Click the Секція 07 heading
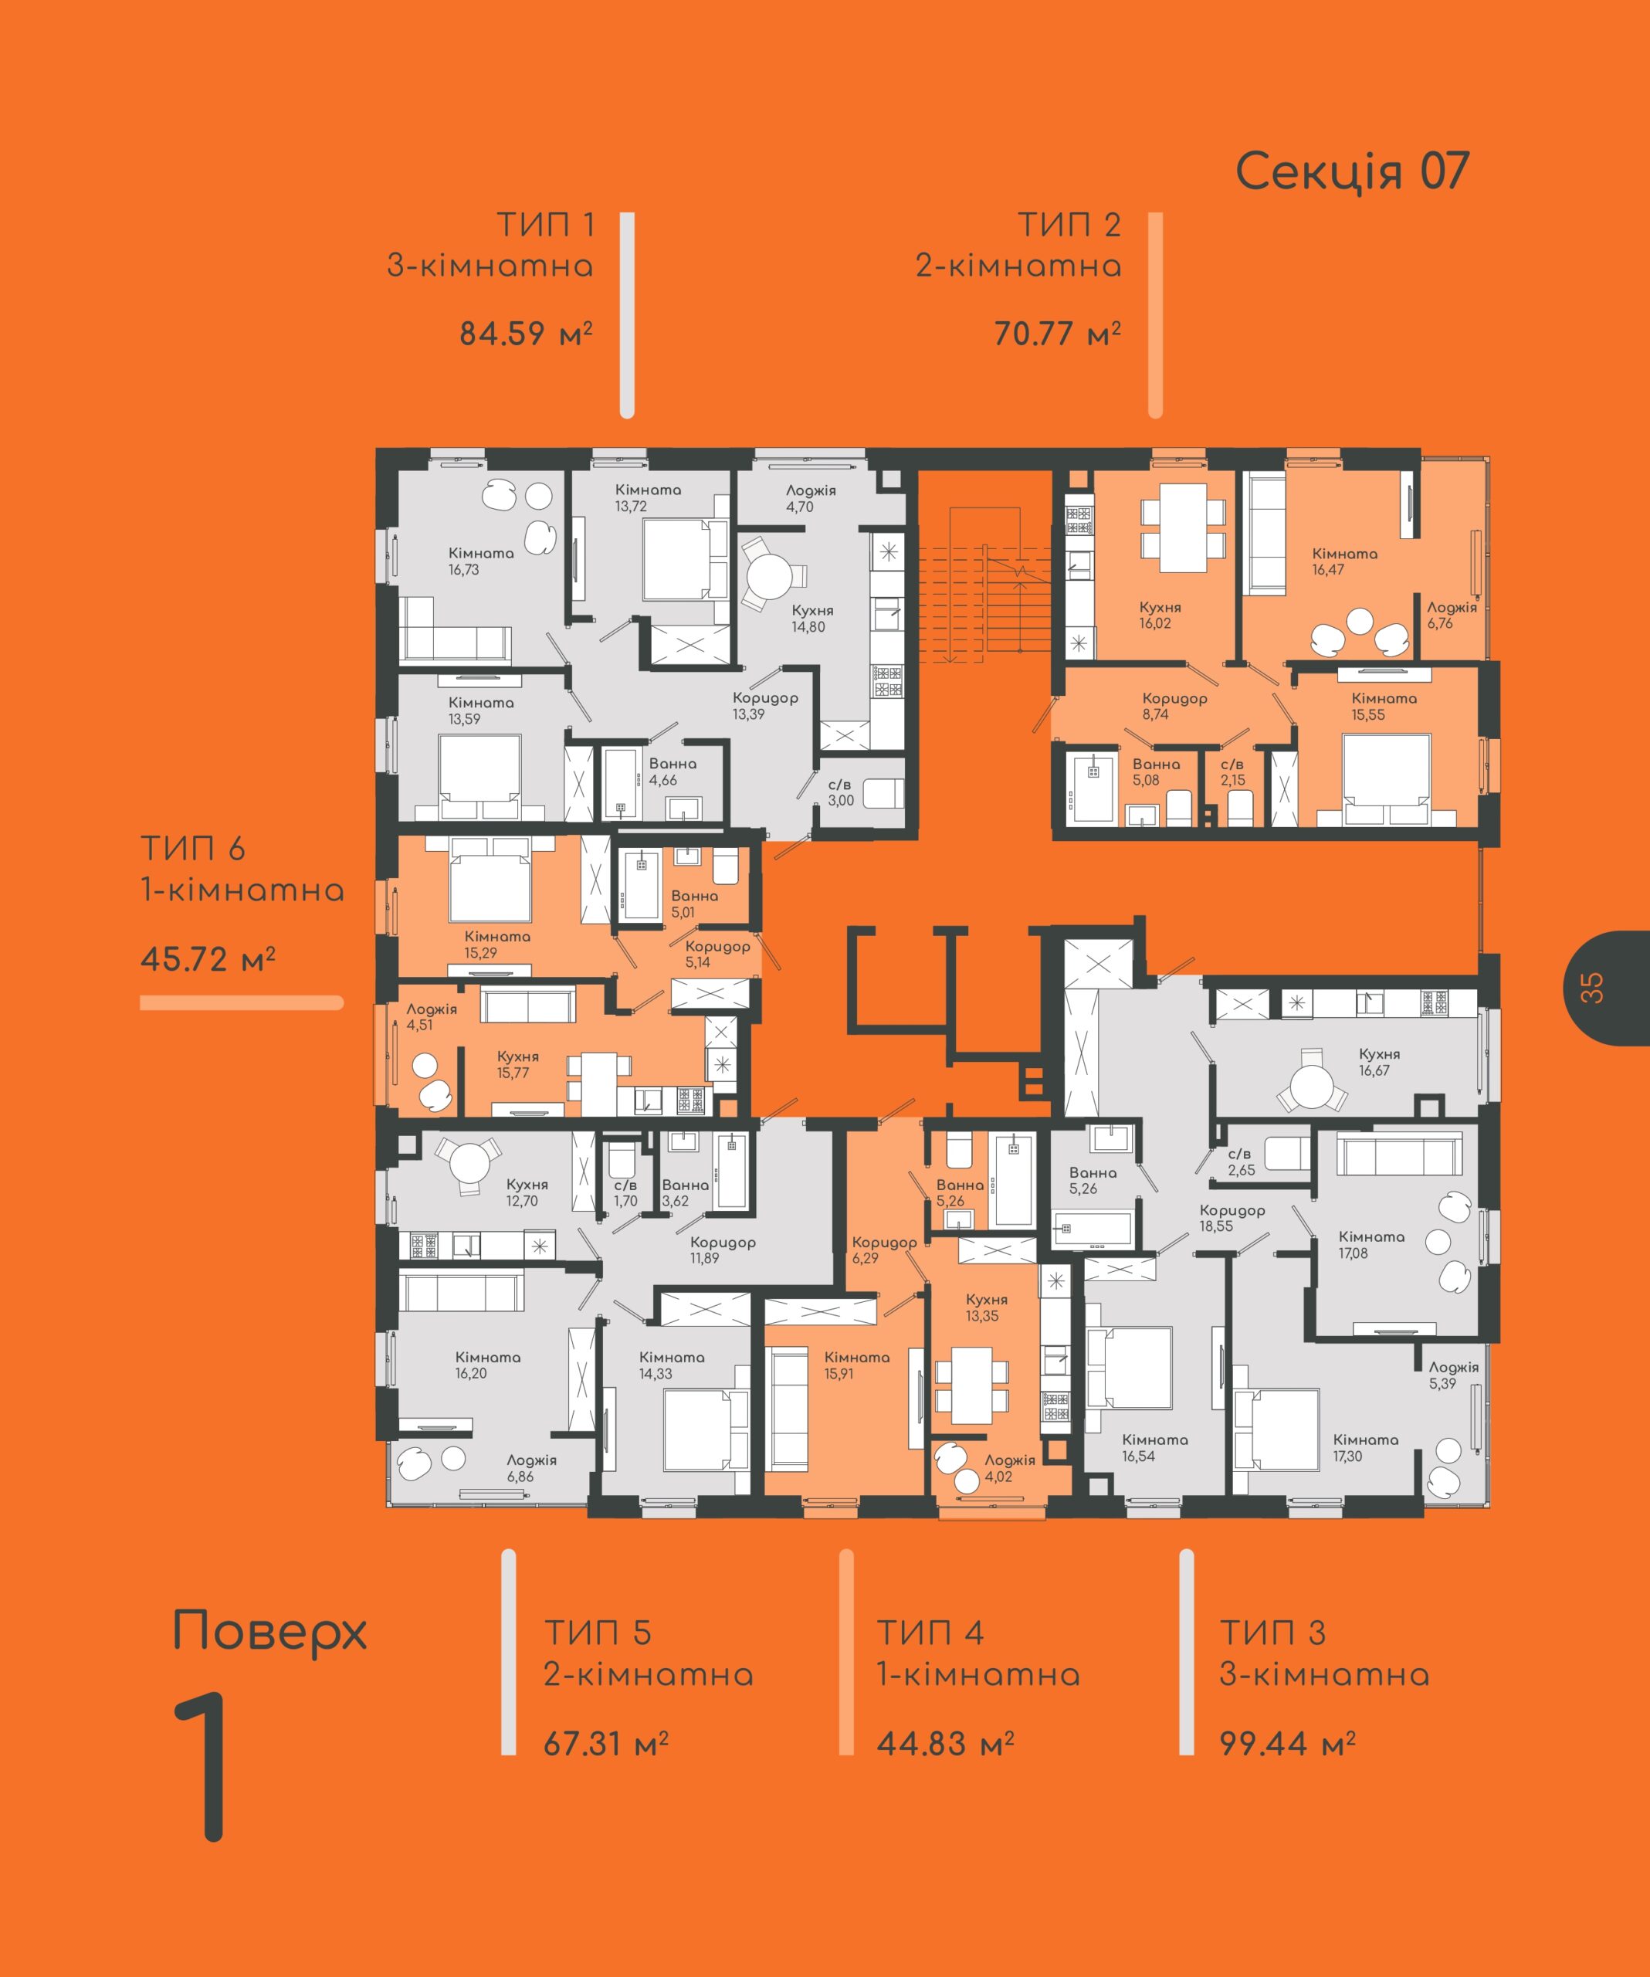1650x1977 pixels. pos(1352,172)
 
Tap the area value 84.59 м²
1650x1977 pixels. pos(526,334)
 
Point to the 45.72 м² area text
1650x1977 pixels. pos(208,959)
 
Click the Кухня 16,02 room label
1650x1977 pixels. pos(1160,615)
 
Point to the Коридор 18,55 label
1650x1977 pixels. pos(1232,1218)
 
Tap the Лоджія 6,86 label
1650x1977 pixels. pos(531,1467)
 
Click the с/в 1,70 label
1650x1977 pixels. pos(625,1193)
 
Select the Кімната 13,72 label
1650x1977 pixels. pos(648,498)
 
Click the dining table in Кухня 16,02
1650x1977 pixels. pos(1183,527)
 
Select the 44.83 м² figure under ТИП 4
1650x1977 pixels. pos(945,1744)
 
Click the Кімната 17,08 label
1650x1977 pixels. pos(1370,1245)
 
